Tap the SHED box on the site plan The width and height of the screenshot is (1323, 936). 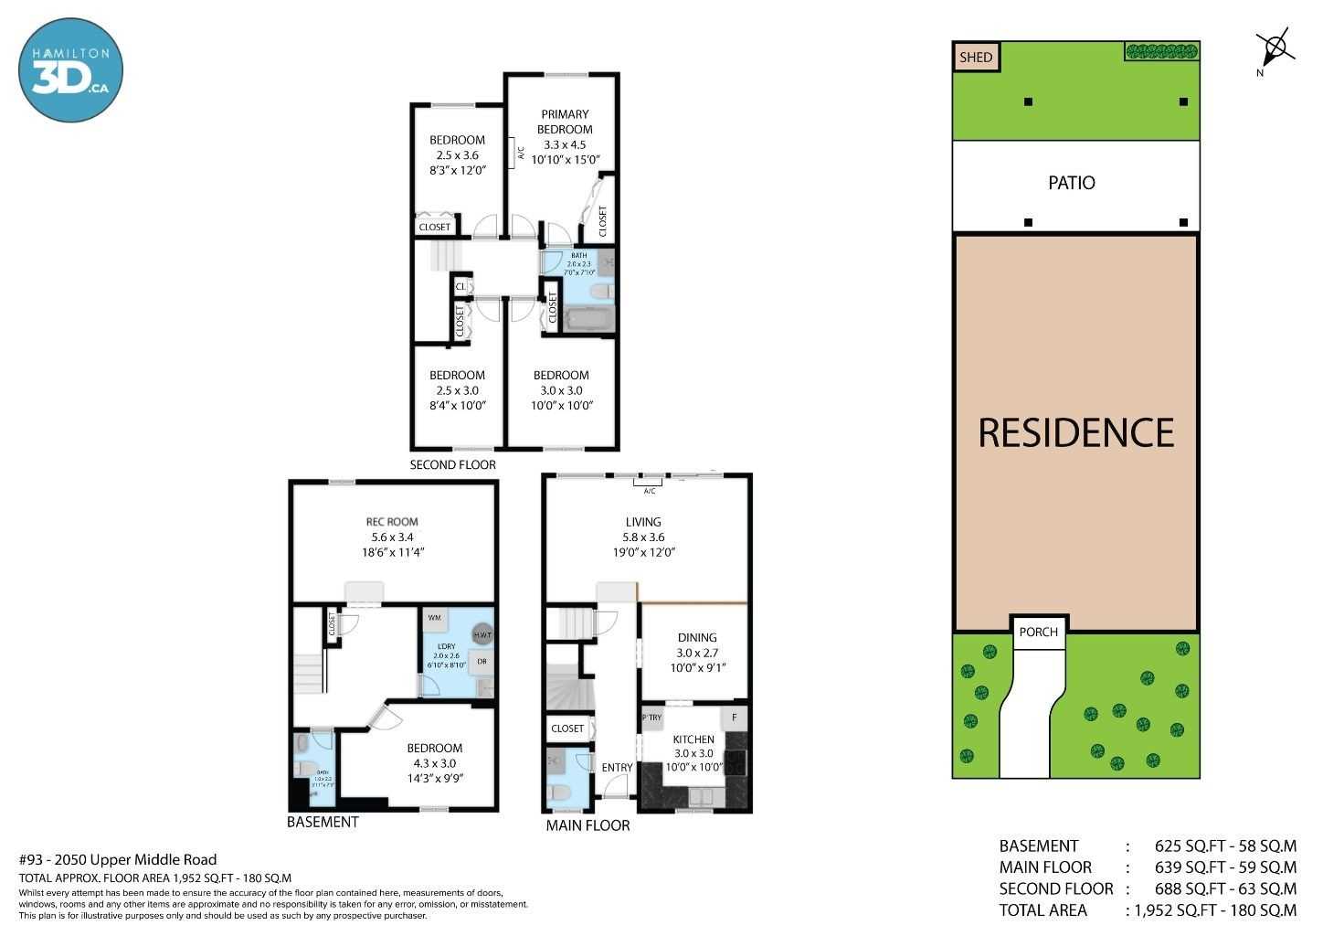click(x=975, y=57)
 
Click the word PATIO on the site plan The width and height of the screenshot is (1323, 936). click(x=1071, y=183)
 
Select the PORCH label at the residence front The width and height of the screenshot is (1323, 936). click(x=1038, y=632)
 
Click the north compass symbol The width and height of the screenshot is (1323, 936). click(x=1274, y=47)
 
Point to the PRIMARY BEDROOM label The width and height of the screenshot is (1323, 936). click(x=564, y=122)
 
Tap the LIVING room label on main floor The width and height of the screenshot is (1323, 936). click(x=642, y=522)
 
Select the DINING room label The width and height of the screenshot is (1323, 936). click(x=696, y=638)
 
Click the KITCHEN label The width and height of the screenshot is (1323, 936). click(x=693, y=739)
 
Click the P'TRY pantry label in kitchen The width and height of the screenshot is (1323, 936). click(x=652, y=718)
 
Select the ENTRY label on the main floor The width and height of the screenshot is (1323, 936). click(x=617, y=768)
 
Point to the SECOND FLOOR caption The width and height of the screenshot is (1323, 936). click(x=452, y=464)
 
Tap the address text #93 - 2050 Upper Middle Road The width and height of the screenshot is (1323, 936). click(x=118, y=859)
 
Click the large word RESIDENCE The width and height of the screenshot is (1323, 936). click(x=1075, y=432)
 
